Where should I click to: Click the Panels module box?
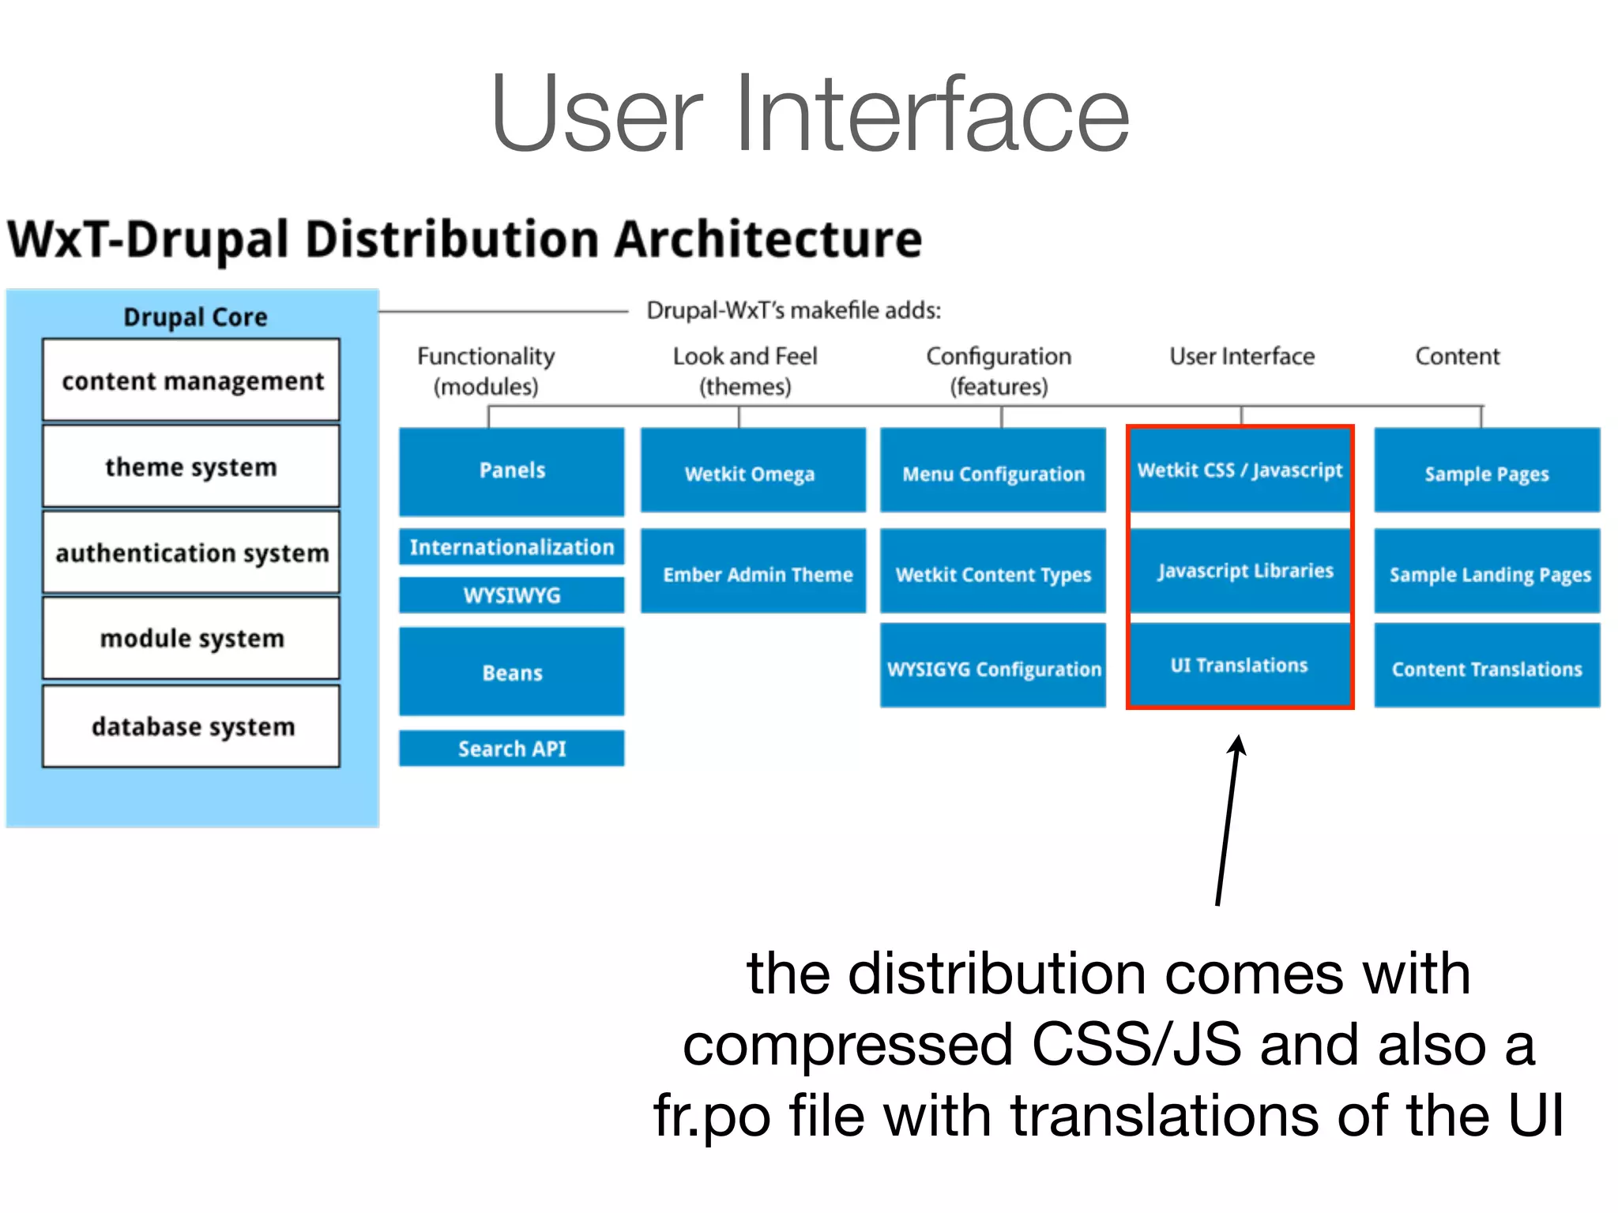coord(512,471)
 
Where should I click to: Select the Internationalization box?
coord(512,546)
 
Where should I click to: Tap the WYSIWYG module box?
coord(512,595)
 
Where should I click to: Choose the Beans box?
coord(512,672)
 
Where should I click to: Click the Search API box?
coord(512,748)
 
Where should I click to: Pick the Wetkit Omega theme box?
coord(752,471)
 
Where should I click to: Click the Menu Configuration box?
coord(993,471)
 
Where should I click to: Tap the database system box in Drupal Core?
coord(191,727)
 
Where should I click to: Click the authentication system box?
coord(191,552)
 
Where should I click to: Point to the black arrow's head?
coord(1238,742)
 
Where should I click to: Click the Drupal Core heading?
coord(195,317)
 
